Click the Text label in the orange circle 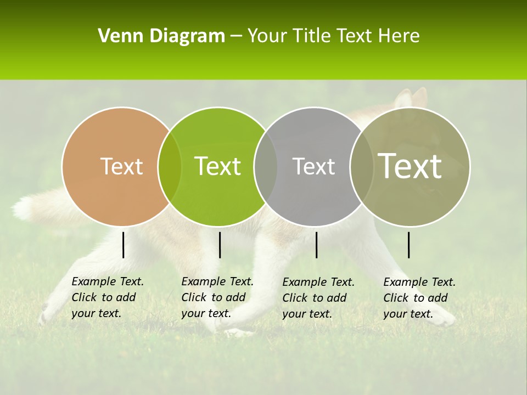121,166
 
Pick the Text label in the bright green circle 217,166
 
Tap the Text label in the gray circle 313,166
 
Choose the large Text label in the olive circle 410,166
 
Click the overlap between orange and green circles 170,167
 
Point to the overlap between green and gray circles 266,167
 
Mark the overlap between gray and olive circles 361,167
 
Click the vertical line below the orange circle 124,245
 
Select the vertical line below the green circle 220,245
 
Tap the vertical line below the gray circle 316,245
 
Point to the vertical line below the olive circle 409,245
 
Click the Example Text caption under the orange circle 108,297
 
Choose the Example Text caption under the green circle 217,297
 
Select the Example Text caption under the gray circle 318,298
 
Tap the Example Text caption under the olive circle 419,298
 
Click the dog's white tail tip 23,207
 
